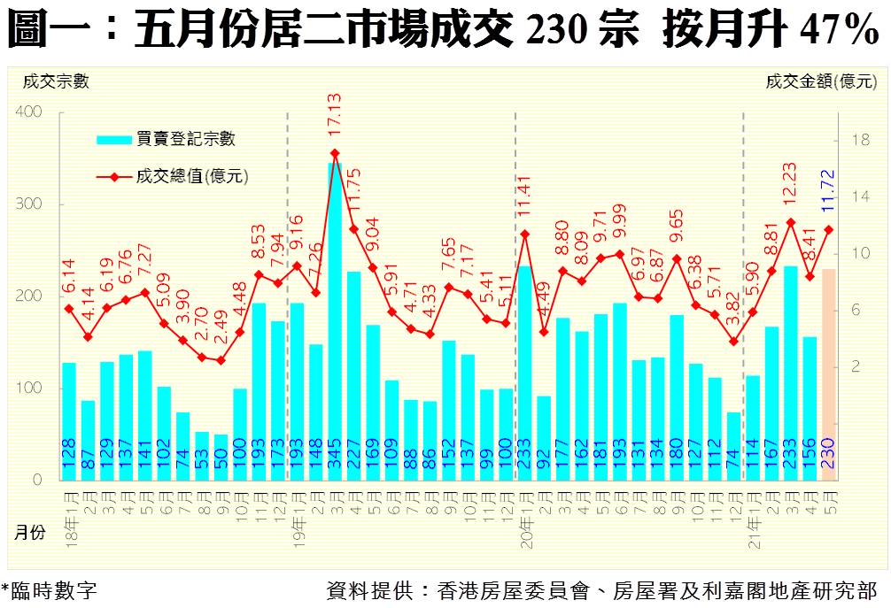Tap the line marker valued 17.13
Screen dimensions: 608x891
pos(335,152)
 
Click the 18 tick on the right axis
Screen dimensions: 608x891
pos(858,140)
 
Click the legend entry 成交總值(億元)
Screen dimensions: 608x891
pos(190,176)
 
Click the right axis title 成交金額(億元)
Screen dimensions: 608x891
pos(820,82)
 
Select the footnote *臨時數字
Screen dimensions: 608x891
pos(49,591)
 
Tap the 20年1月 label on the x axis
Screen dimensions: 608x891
pos(525,510)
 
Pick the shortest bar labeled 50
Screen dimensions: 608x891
pos(221,457)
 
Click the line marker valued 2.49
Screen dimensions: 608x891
pos(221,360)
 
